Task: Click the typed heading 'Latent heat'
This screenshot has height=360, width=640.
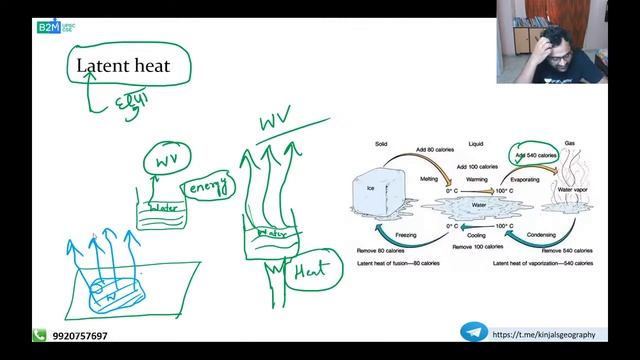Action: pyautogui.click(x=124, y=67)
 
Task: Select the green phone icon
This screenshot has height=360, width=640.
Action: pyautogui.click(x=39, y=337)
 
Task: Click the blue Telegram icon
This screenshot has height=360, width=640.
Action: pyautogui.click(x=473, y=334)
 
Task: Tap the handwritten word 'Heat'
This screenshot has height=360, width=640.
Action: pyautogui.click(x=305, y=269)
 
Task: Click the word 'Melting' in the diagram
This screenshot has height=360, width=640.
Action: pyautogui.click(x=429, y=180)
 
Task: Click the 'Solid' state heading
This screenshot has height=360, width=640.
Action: pyautogui.click(x=381, y=144)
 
